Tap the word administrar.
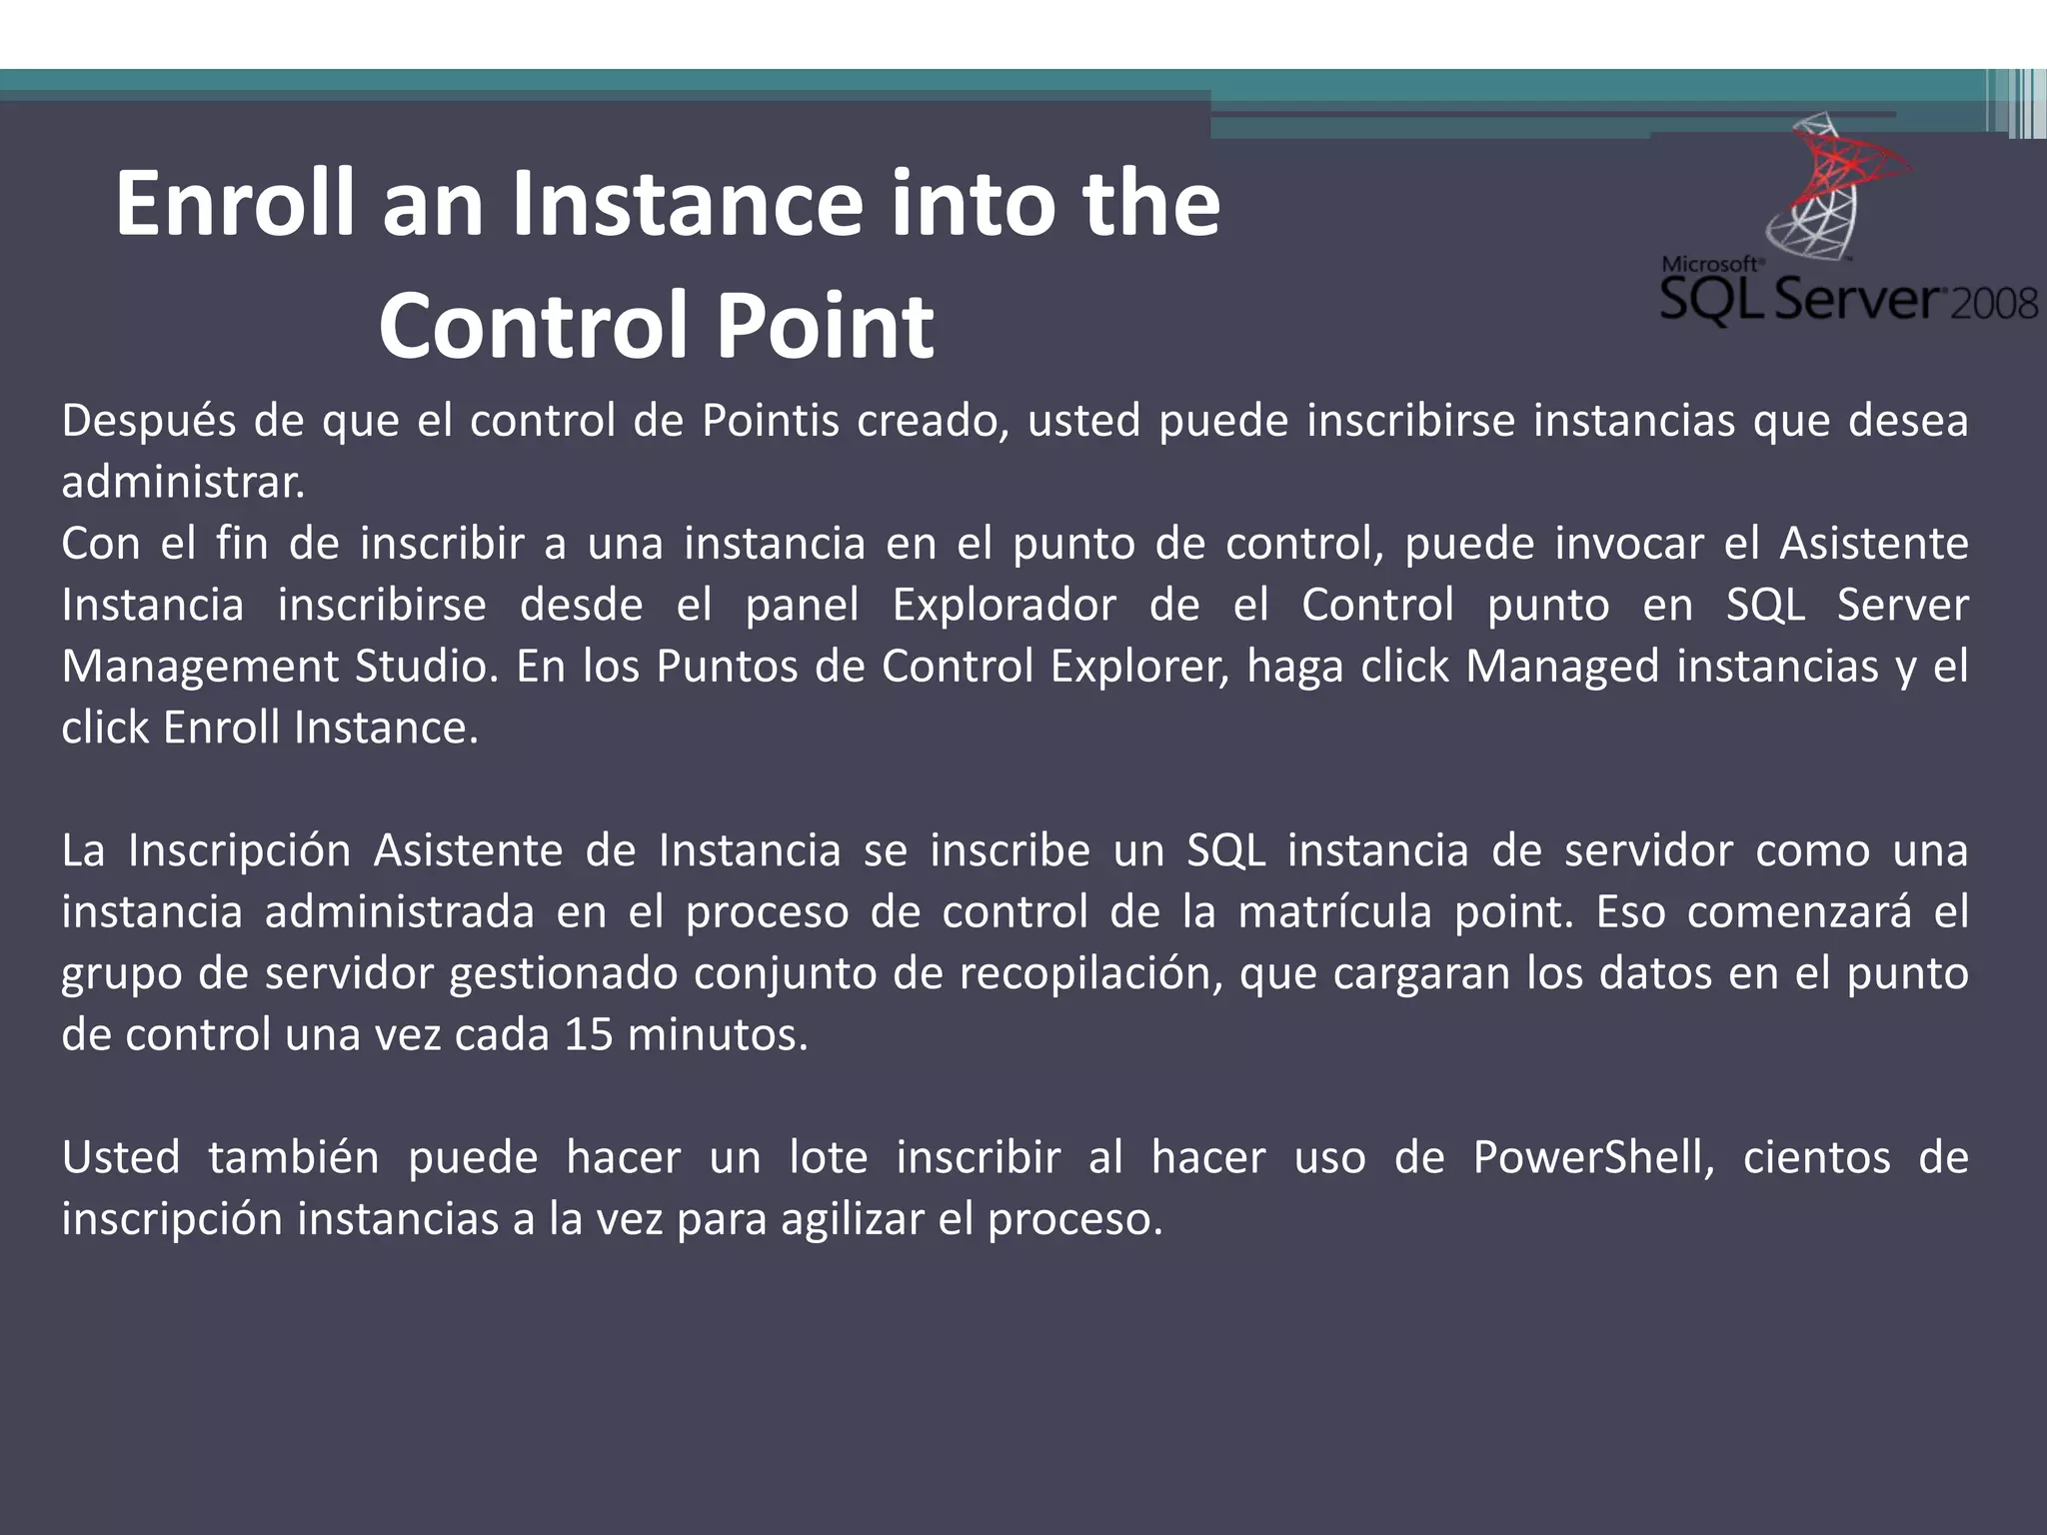coord(183,483)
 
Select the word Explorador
coord(1004,606)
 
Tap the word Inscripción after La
coord(239,851)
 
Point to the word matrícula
coord(1334,912)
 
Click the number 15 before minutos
coord(588,1035)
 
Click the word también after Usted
coord(293,1158)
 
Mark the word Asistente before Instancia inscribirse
coord(1874,545)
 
